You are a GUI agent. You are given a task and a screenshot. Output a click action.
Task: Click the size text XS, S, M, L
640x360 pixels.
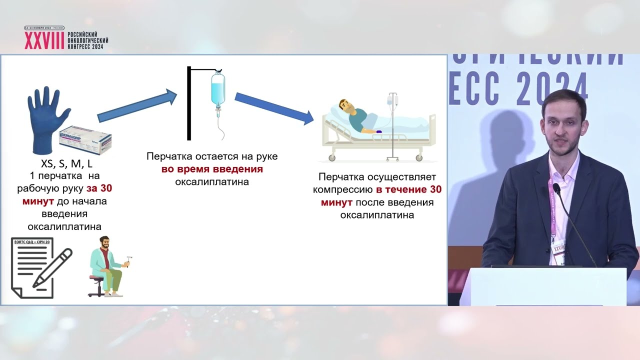(x=62, y=164)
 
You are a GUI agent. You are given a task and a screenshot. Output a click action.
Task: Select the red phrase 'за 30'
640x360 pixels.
(x=102, y=189)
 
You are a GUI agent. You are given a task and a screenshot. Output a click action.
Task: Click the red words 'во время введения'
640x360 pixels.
(x=212, y=169)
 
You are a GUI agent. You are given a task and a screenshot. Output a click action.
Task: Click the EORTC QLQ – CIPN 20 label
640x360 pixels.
(x=32, y=242)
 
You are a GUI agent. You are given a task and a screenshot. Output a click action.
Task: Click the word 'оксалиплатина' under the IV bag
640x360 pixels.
(x=212, y=181)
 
